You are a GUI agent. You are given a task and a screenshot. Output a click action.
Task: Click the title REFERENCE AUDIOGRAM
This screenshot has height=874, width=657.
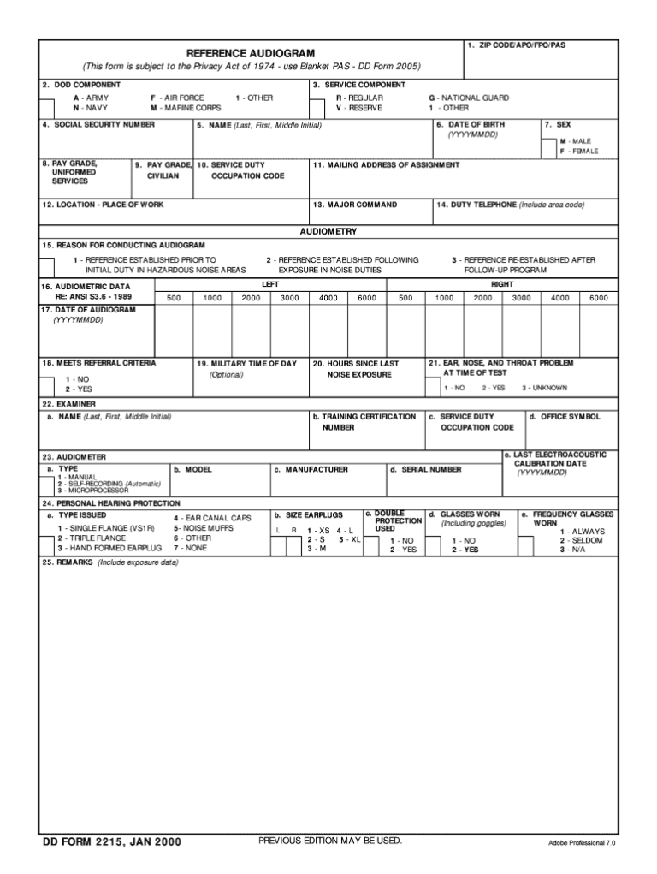tap(251, 53)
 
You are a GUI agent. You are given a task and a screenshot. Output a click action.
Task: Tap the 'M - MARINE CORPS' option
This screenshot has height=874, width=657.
tap(186, 108)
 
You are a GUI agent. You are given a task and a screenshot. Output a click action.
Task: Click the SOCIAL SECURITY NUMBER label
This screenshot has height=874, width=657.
tap(99, 125)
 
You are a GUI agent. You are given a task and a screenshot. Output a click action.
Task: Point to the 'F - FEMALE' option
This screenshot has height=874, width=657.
tap(579, 151)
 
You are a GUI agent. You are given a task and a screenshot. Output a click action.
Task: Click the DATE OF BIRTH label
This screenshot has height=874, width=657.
tap(471, 125)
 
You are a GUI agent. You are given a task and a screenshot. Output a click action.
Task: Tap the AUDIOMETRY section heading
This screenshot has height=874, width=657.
tap(328, 232)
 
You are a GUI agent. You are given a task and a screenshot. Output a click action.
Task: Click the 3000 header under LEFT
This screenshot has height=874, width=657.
tap(290, 298)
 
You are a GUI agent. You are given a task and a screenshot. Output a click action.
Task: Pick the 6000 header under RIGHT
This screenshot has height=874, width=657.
tap(599, 298)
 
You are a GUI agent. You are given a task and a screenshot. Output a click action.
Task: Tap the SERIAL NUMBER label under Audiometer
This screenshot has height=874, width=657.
tap(425, 469)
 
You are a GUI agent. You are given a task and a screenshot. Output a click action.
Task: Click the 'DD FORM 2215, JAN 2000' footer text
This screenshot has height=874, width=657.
tap(112, 842)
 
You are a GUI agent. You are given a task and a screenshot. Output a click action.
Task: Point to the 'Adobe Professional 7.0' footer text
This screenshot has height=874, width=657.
tap(582, 843)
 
